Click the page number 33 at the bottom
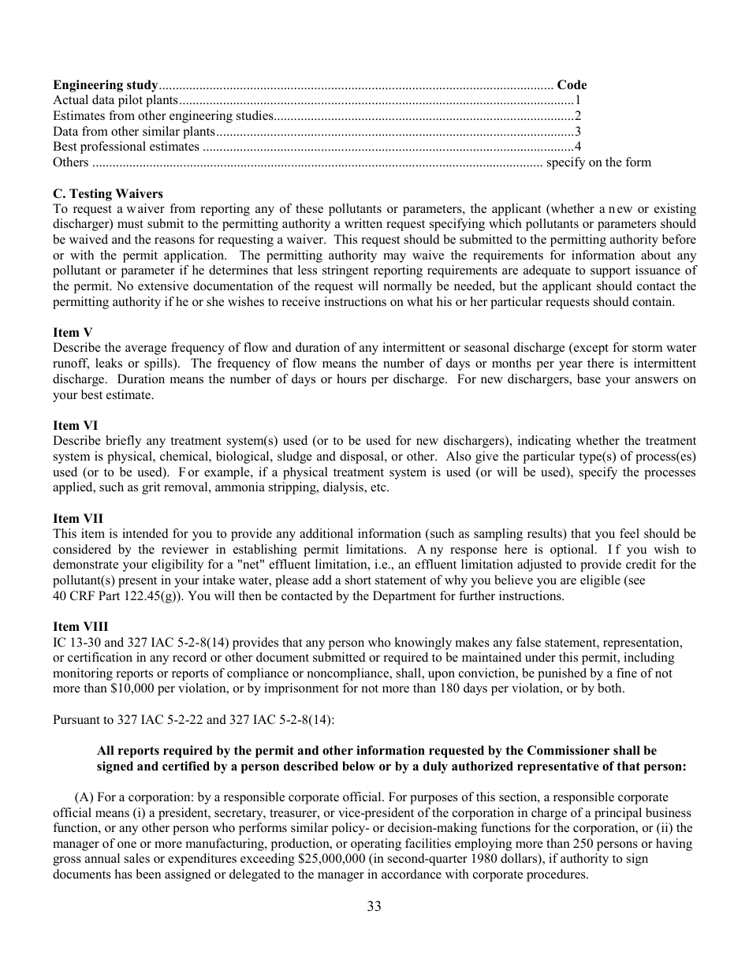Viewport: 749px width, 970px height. (374, 906)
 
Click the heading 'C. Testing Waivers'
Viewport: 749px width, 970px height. (108, 193)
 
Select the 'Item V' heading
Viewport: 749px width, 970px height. (73, 332)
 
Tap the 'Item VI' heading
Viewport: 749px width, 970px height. (76, 425)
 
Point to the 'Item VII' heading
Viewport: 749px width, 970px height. (78, 518)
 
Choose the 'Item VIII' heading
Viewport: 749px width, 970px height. (80, 627)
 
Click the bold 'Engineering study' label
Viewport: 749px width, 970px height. (106, 85)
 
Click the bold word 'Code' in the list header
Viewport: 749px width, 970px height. (572, 85)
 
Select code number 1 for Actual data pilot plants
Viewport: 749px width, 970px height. (578, 100)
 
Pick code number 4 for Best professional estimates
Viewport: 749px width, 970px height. (578, 147)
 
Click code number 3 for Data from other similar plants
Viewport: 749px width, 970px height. (578, 132)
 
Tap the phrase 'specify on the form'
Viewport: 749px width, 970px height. (599, 162)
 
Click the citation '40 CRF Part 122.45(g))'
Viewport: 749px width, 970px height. (118, 595)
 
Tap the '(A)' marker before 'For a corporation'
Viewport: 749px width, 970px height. (83, 797)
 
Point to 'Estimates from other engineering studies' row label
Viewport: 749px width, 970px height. (163, 116)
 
